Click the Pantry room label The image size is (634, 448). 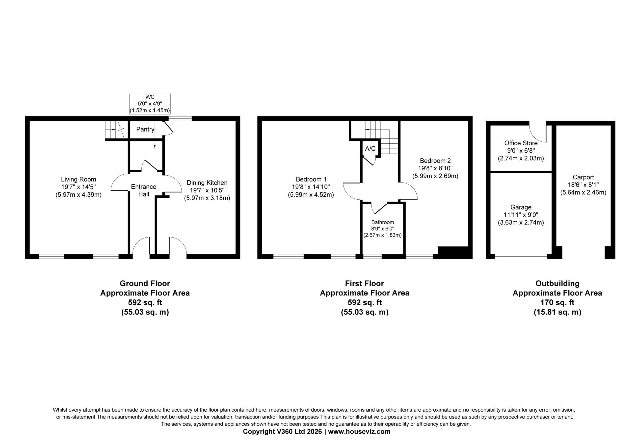(145, 129)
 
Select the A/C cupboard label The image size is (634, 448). (370, 149)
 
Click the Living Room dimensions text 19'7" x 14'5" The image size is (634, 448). (79, 187)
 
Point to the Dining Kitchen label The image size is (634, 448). (207, 183)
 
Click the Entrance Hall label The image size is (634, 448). (144, 190)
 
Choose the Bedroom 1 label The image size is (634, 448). (311, 179)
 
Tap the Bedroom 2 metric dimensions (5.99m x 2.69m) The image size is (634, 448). (435, 176)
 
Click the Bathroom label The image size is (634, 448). (382, 222)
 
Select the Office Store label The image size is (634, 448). (521, 143)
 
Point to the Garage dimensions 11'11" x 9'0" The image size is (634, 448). (521, 215)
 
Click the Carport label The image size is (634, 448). (583, 177)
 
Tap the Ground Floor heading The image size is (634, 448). (145, 283)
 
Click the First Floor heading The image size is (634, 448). (365, 283)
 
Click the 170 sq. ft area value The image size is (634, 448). (557, 302)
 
